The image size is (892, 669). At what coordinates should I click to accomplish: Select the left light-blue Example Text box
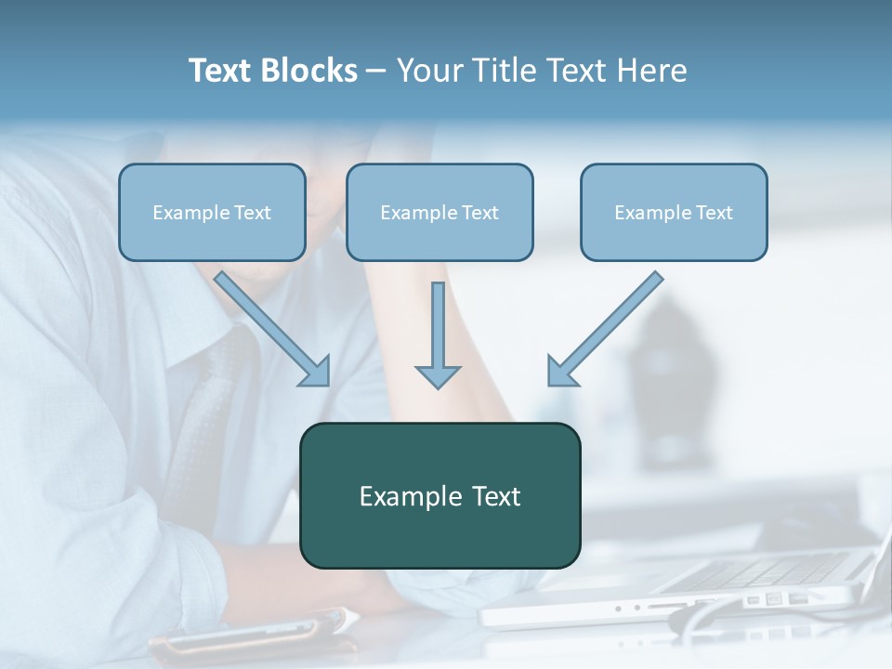click(x=212, y=213)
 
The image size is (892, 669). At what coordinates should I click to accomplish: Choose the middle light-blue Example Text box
click(x=439, y=213)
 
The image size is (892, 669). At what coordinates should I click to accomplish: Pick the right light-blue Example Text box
click(x=674, y=213)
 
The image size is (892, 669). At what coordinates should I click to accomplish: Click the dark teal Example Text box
click(x=439, y=495)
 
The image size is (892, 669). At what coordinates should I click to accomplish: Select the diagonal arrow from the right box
click(x=610, y=325)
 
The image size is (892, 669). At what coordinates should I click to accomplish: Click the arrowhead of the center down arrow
click(x=438, y=376)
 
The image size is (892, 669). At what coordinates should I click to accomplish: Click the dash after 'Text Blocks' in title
click(x=376, y=72)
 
